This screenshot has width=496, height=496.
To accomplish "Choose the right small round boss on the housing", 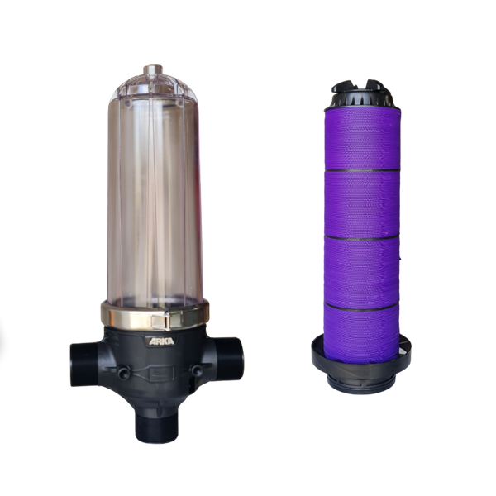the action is pyautogui.click(x=198, y=370).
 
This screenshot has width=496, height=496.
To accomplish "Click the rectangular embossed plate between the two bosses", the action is pyautogui.click(x=160, y=374).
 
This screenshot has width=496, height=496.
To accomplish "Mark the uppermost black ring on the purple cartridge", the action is pyautogui.click(x=363, y=170).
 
